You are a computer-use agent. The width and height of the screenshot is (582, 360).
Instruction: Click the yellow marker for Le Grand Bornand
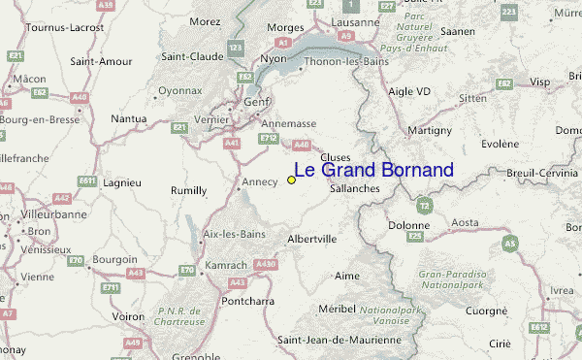[x=291, y=180]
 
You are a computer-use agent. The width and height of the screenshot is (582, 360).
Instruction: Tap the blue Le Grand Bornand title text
[x=373, y=171]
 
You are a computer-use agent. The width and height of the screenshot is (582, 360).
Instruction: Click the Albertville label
[x=312, y=239]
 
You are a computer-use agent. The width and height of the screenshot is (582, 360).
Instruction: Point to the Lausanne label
[x=353, y=21]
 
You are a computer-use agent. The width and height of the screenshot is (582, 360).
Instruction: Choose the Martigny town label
[x=430, y=130]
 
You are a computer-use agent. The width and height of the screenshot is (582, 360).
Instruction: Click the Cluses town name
[x=335, y=157]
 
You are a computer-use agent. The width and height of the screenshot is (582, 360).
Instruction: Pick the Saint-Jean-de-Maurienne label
[x=339, y=341]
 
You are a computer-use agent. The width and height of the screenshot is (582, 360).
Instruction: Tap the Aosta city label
[x=466, y=222]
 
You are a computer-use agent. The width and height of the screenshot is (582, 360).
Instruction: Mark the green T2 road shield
[x=423, y=206]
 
